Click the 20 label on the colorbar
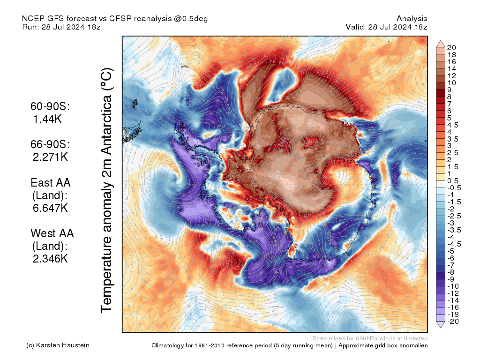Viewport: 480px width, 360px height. pos(452,48)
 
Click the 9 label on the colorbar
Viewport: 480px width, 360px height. pos(450,90)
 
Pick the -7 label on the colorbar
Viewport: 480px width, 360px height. pos(451,265)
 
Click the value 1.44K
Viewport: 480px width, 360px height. pos(48,120)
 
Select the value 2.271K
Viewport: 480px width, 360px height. pos(51,157)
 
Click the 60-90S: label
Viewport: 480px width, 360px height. pos(50,107)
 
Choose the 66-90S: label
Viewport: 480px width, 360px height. pos(50,144)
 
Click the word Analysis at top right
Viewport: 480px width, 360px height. pos(412,19)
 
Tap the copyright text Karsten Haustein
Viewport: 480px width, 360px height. pos(58,345)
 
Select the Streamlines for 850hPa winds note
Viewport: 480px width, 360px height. pos(369,338)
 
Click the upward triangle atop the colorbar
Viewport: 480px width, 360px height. pos(441,44)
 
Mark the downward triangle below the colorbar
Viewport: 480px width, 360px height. pos(441,325)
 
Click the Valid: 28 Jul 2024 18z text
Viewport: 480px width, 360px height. pos(386,27)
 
